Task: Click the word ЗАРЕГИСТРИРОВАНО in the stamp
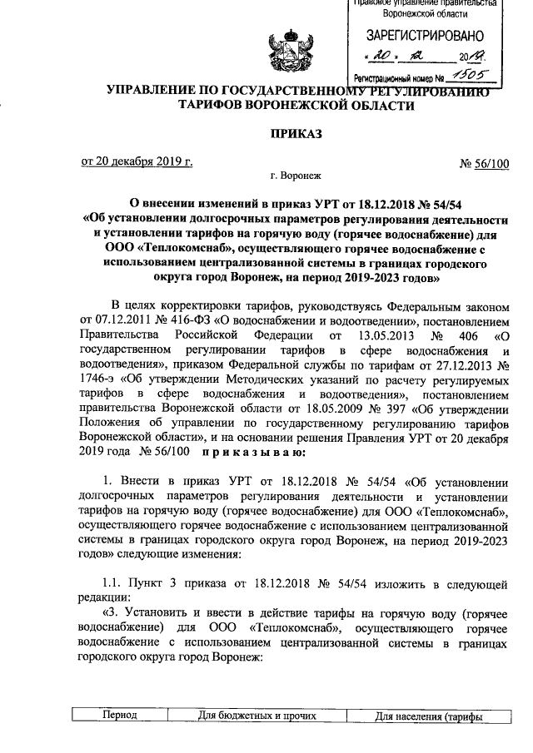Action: click(x=425, y=36)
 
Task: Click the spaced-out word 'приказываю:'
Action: click(x=253, y=453)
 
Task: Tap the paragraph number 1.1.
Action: click(x=112, y=583)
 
